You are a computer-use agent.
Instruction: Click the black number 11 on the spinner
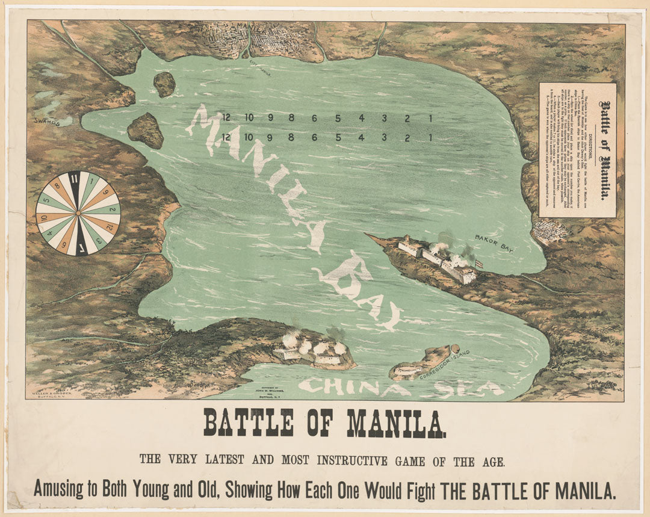pos(74,180)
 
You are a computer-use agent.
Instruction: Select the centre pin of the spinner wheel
pos(78,214)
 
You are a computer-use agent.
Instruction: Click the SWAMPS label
pos(48,123)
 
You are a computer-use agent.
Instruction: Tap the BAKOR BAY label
pos(493,243)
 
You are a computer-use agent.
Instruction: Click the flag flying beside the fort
pos(478,263)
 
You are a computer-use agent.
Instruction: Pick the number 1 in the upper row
pos(430,118)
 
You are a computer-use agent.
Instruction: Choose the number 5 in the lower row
pos(338,137)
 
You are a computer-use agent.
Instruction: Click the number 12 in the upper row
pos(226,118)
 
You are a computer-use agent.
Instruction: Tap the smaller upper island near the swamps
pos(164,84)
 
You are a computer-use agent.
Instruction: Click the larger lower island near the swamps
pos(145,130)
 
